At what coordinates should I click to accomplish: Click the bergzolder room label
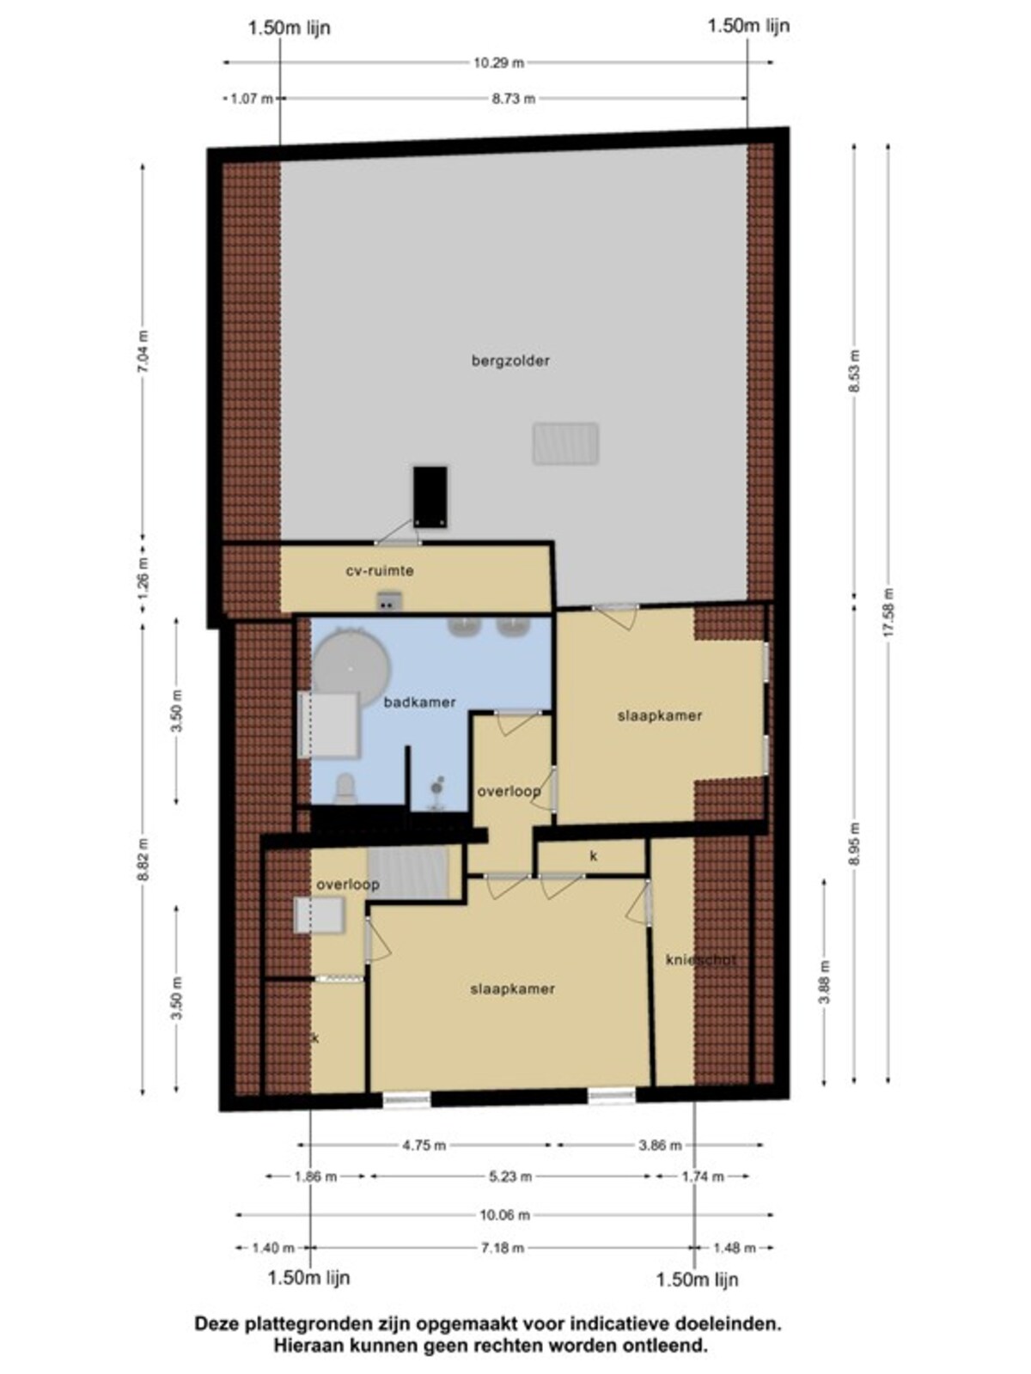(x=511, y=361)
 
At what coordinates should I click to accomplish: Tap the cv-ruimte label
(x=380, y=571)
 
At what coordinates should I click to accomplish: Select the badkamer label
(x=420, y=702)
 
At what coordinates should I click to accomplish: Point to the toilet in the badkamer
(x=345, y=789)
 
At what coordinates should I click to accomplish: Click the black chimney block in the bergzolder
(x=430, y=496)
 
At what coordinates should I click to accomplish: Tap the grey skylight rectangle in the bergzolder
(x=566, y=444)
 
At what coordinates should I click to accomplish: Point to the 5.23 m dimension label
(x=511, y=1176)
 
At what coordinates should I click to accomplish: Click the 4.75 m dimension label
(x=424, y=1146)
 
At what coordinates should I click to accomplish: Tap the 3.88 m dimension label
(x=825, y=982)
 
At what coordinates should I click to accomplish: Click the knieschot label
(x=700, y=959)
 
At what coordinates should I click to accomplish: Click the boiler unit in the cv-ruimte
(x=388, y=601)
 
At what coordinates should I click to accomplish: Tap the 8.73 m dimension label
(x=513, y=98)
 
